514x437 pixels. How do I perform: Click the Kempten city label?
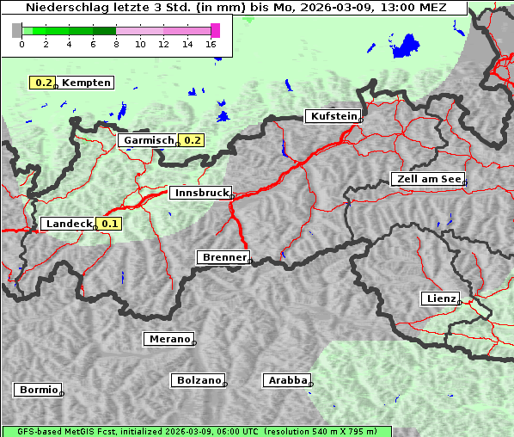[86, 83]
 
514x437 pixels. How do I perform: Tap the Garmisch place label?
[148, 140]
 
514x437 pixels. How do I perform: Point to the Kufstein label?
[333, 116]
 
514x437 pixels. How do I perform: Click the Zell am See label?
[428, 179]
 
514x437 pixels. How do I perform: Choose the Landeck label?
[68, 224]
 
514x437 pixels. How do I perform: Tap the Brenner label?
[223, 257]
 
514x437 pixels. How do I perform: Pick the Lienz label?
[440, 299]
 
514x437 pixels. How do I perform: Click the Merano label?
[168, 339]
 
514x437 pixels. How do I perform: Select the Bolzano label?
[199, 379]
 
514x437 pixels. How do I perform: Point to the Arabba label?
[285, 379]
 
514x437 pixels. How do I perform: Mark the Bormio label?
[38, 390]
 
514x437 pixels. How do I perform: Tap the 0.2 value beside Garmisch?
[192, 140]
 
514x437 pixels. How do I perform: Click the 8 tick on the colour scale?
[116, 44]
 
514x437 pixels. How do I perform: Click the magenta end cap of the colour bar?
[215, 30]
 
